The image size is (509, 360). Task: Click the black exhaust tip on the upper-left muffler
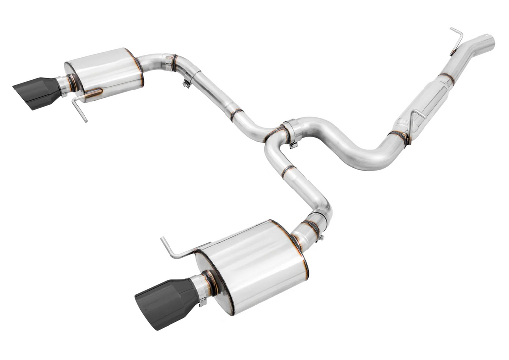(36, 93)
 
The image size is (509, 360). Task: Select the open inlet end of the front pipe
(489, 41)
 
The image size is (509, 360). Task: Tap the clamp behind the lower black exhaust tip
(203, 293)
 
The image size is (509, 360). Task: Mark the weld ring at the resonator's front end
(446, 77)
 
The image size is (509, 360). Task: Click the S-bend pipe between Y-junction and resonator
(348, 144)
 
